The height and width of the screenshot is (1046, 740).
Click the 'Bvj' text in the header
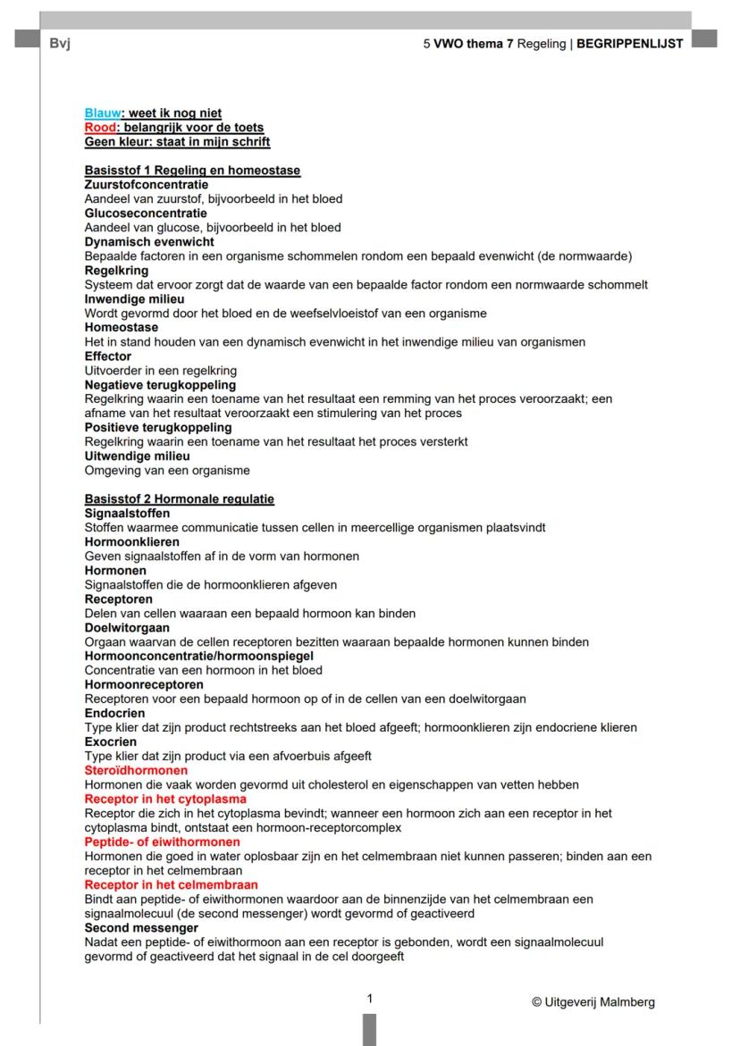tap(60, 43)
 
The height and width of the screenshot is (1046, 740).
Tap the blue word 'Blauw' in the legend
tap(102, 113)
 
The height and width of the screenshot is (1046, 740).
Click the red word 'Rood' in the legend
tap(100, 127)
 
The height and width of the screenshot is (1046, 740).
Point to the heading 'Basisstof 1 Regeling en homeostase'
tap(192, 170)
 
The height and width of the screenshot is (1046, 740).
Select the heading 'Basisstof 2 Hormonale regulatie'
tap(179, 498)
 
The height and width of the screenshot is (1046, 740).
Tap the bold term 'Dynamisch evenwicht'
tap(149, 241)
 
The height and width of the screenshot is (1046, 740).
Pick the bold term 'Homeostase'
tap(121, 327)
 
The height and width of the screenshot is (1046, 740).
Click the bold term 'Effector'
tap(108, 356)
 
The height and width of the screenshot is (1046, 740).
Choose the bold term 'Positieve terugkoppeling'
tap(157, 427)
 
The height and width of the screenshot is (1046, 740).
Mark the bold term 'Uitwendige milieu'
tap(137, 456)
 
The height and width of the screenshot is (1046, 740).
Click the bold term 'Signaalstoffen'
tap(127, 513)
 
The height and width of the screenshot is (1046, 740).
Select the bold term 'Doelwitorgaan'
tap(127, 627)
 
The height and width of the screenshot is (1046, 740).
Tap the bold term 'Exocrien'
tap(111, 741)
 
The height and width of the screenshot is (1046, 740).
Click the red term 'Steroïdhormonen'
tap(136, 770)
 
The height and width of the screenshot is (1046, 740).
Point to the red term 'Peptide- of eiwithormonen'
tap(162, 841)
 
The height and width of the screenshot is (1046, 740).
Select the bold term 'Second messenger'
tap(141, 927)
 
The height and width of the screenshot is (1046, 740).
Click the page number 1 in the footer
tap(370, 999)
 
